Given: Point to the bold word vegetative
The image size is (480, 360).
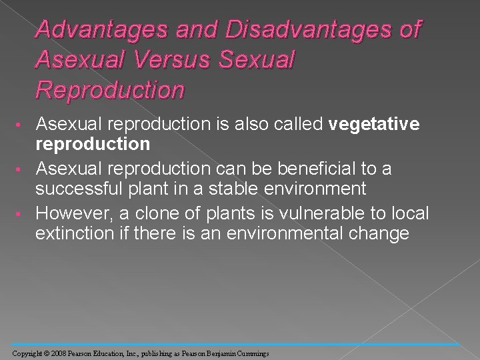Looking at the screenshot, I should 374,124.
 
